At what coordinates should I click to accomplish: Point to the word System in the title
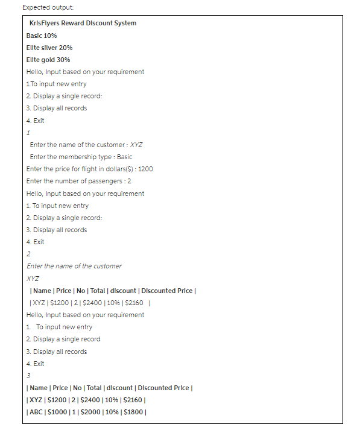coord(125,23)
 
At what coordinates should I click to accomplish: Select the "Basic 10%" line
coord(42,36)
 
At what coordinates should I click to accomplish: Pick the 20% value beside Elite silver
coord(66,48)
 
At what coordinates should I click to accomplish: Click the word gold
coord(49,60)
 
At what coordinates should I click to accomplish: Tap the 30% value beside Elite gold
coord(64,60)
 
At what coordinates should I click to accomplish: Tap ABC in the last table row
coord(36,412)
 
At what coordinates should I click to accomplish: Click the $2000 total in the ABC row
coord(88,412)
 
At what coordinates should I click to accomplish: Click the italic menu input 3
coord(28,376)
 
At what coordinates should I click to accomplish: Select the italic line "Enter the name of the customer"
coord(74,266)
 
